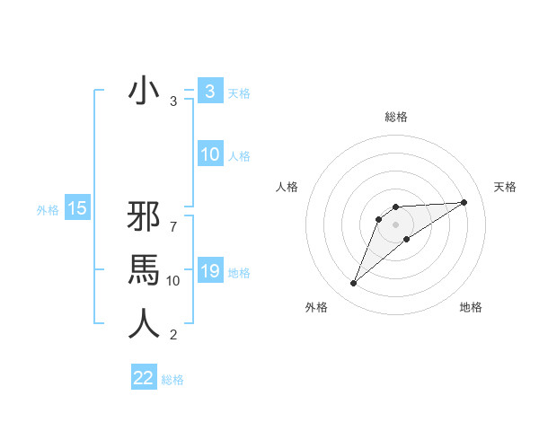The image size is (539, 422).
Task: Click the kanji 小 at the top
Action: tap(144, 92)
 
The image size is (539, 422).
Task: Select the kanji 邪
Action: tap(144, 218)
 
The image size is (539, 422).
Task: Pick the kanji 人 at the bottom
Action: tap(144, 322)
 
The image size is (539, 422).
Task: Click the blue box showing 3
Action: tap(209, 92)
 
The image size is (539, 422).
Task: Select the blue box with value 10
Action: tap(209, 154)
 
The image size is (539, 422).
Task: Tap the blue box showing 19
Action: tap(209, 271)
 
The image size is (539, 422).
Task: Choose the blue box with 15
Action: tap(77, 209)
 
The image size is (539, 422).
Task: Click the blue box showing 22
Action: tap(144, 378)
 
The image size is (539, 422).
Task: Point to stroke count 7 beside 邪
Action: tap(173, 219)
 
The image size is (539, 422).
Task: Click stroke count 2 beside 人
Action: tap(173, 336)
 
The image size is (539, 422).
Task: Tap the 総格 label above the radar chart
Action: tap(396, 117)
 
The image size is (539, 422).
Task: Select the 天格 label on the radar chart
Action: tap(506, 187)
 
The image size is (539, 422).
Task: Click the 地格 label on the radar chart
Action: tap(471, 307)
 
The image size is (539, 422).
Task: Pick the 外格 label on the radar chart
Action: tap(316, 307)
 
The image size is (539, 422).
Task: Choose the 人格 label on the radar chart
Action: tap(287, 187)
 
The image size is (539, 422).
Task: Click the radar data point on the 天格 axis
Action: tap(464, 202)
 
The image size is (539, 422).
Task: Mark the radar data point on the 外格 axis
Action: tap(354, 284)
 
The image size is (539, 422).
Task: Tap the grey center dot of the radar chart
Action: tap(396, 224)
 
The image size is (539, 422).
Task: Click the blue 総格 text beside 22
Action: tap(172, 379)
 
